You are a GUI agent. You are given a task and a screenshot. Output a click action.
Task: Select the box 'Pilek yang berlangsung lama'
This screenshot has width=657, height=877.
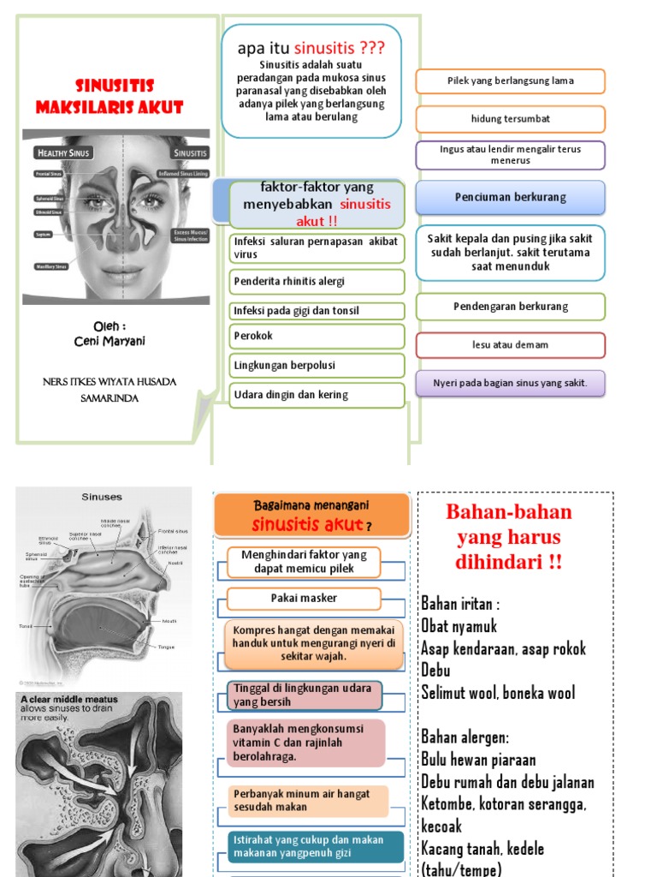click(510, 81)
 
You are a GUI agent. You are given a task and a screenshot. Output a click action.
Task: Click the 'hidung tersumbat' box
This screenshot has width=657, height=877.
click(510, 119)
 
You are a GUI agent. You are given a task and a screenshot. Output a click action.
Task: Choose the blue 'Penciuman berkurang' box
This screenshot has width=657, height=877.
click(510, 197)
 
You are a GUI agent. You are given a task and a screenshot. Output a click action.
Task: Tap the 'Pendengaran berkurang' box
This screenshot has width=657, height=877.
click(510, 307)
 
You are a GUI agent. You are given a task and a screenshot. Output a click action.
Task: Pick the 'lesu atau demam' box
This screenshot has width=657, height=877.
click(510, 345)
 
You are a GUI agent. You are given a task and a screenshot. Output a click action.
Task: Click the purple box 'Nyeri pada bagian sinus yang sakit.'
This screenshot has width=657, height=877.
click(510, 383)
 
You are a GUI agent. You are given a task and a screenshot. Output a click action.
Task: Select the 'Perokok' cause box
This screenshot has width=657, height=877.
click(317, 337)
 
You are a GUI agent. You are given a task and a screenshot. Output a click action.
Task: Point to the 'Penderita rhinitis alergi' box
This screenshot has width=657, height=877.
click(317, 281)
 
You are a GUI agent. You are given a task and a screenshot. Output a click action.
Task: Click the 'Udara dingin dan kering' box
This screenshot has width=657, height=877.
click(317, 395)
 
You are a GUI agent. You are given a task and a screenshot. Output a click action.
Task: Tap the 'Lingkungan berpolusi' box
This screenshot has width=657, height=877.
click(317, 366)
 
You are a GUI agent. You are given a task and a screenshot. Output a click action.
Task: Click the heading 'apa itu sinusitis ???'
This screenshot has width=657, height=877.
click(311, 49)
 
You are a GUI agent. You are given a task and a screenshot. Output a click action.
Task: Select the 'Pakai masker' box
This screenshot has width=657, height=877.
click(304, 599)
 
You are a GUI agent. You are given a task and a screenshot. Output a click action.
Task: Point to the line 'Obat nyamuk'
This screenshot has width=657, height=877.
click(459, 626)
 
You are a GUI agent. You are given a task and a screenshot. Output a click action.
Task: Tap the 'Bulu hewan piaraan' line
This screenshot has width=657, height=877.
click(478, 760)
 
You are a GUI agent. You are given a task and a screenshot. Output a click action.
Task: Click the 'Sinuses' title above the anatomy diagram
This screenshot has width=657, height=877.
click(102, 497)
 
